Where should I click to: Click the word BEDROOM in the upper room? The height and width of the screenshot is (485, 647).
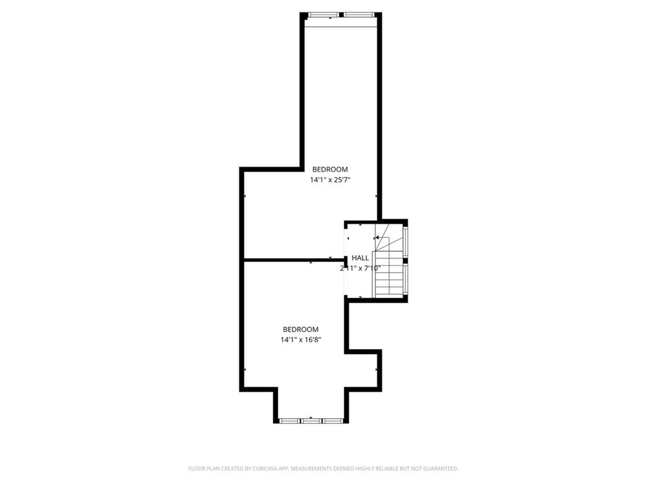330,169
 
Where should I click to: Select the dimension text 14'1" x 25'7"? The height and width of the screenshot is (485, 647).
330,180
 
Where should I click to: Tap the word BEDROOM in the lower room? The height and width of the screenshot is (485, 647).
300,329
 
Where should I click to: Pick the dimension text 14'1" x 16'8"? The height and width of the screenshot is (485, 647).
300,340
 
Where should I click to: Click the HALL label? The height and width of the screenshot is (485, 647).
360,258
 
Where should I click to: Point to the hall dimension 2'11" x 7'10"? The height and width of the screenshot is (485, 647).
360,268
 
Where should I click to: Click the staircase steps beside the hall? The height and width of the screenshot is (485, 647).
389,275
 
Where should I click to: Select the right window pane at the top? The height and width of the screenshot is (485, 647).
358,14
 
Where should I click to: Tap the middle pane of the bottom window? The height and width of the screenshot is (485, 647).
311,420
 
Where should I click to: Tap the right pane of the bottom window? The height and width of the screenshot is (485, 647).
332,420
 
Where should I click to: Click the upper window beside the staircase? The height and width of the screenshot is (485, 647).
405,239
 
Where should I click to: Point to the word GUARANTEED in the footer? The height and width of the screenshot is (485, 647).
437,469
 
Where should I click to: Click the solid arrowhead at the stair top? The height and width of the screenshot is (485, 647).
377,238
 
